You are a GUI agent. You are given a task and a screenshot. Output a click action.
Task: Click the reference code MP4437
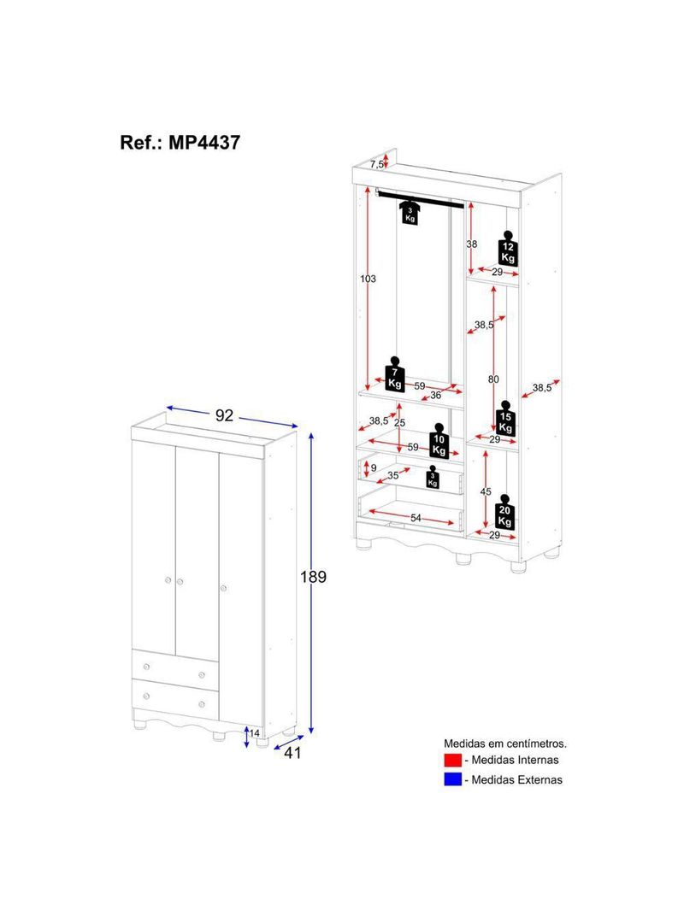pos(203,142)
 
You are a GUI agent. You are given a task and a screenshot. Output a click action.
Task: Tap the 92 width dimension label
pos(224,415)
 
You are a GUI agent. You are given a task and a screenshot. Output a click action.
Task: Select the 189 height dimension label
pos(313,577)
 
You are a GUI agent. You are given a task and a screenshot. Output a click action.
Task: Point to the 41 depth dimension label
pos(292,753)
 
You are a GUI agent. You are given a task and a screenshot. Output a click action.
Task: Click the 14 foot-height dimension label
pos(254,732)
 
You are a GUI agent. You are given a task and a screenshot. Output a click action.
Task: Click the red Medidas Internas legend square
pos(452,760)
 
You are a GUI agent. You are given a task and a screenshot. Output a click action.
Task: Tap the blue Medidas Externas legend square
pos(452,779)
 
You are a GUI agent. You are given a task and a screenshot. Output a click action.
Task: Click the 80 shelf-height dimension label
pos(494,379)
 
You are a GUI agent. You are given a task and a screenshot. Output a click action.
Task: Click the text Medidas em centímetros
pos(504,743)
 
